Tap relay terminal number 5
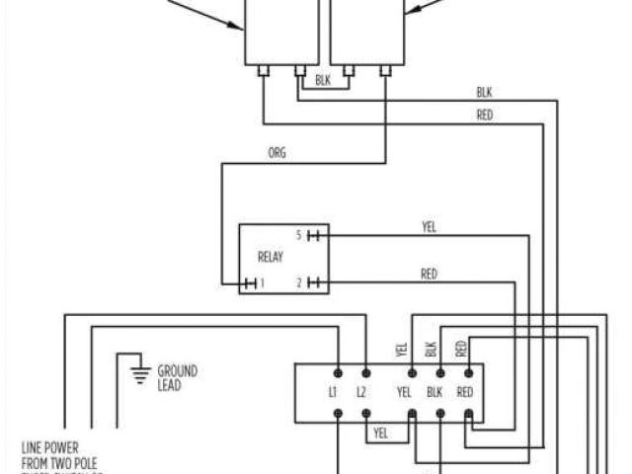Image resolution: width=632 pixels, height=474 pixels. (298, 235)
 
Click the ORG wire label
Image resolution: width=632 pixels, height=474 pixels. (277, 154)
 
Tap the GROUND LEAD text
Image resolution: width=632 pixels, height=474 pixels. (177, 376)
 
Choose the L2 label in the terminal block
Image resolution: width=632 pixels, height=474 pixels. (362, 392)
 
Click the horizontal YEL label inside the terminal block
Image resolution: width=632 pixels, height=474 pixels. (404, 392)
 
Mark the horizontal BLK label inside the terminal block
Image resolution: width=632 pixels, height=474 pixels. (434, 392)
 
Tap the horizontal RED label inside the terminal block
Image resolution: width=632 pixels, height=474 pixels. (465, 392)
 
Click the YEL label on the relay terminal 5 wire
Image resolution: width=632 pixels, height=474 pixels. (429, 227)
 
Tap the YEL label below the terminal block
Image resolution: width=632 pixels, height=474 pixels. (381, 433)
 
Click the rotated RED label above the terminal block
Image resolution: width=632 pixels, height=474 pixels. (460, 348)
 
